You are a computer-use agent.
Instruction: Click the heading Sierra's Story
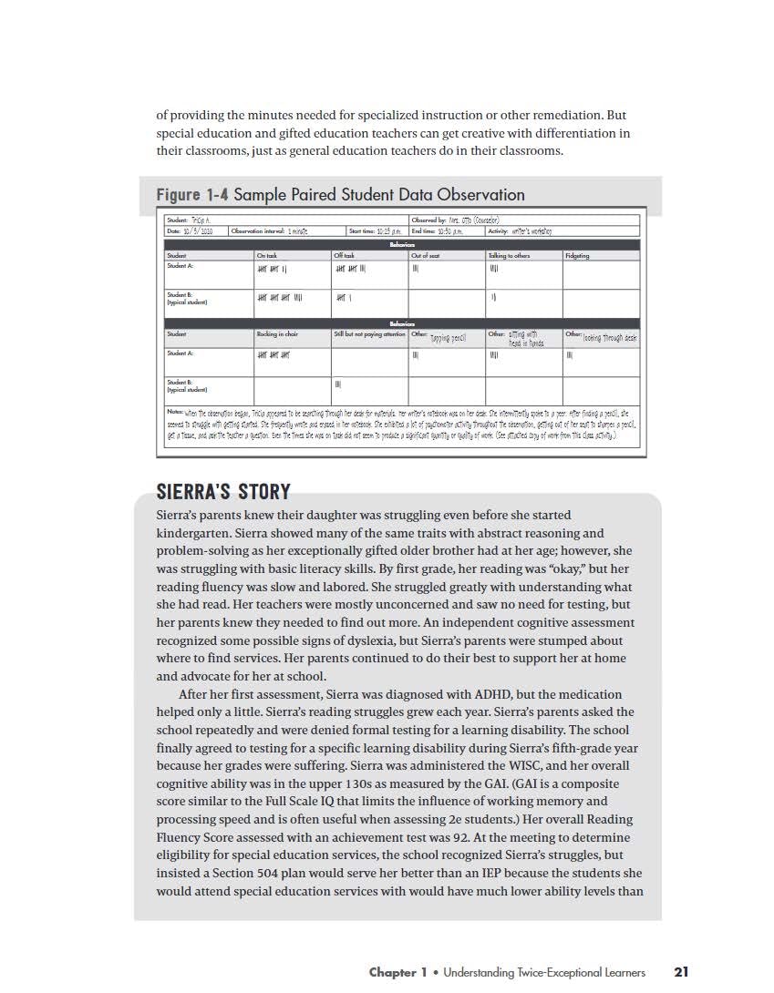point(223,493)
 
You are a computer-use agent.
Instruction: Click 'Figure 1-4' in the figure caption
point(192,195)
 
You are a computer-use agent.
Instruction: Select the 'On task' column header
point(266,256)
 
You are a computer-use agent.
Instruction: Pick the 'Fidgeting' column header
point(577,256)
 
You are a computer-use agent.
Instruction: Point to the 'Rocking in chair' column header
point(277,334)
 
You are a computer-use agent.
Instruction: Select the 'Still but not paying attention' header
point(369,334)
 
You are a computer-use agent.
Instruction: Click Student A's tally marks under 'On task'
point(273,270)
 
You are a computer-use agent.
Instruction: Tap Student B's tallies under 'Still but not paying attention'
point(337,384)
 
